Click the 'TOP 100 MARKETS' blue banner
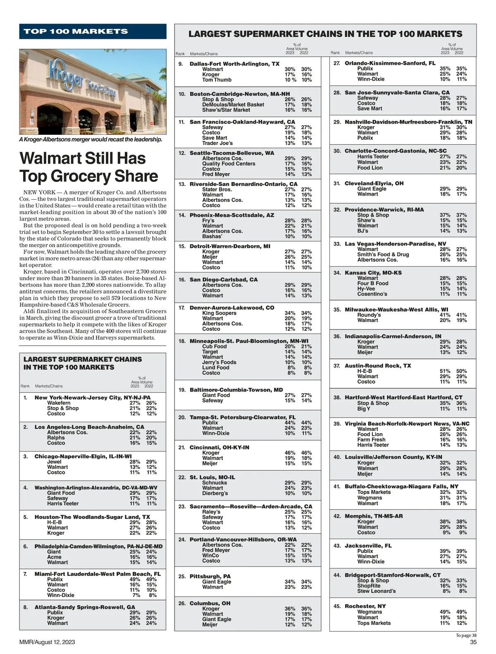(93, 31)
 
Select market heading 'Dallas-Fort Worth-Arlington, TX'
(234, 64)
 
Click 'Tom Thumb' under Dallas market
(217, 80)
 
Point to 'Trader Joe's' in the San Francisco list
(217, 143)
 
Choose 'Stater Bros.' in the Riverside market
(217, 189)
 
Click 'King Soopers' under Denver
(219, 313)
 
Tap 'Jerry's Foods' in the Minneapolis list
(219, 362)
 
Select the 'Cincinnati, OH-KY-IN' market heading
(219, 447)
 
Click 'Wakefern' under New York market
(59, 403)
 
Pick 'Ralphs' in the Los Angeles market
(56, 437)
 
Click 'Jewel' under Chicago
(54, 462)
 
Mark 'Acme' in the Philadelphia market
(54, 557)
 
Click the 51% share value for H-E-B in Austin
(445, 371)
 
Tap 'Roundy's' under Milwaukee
(369, 315)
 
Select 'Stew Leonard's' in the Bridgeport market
(376, 591)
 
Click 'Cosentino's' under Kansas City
(372, 294)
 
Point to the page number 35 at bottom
(473, 642)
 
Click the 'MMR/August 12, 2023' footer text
(47, 642)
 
